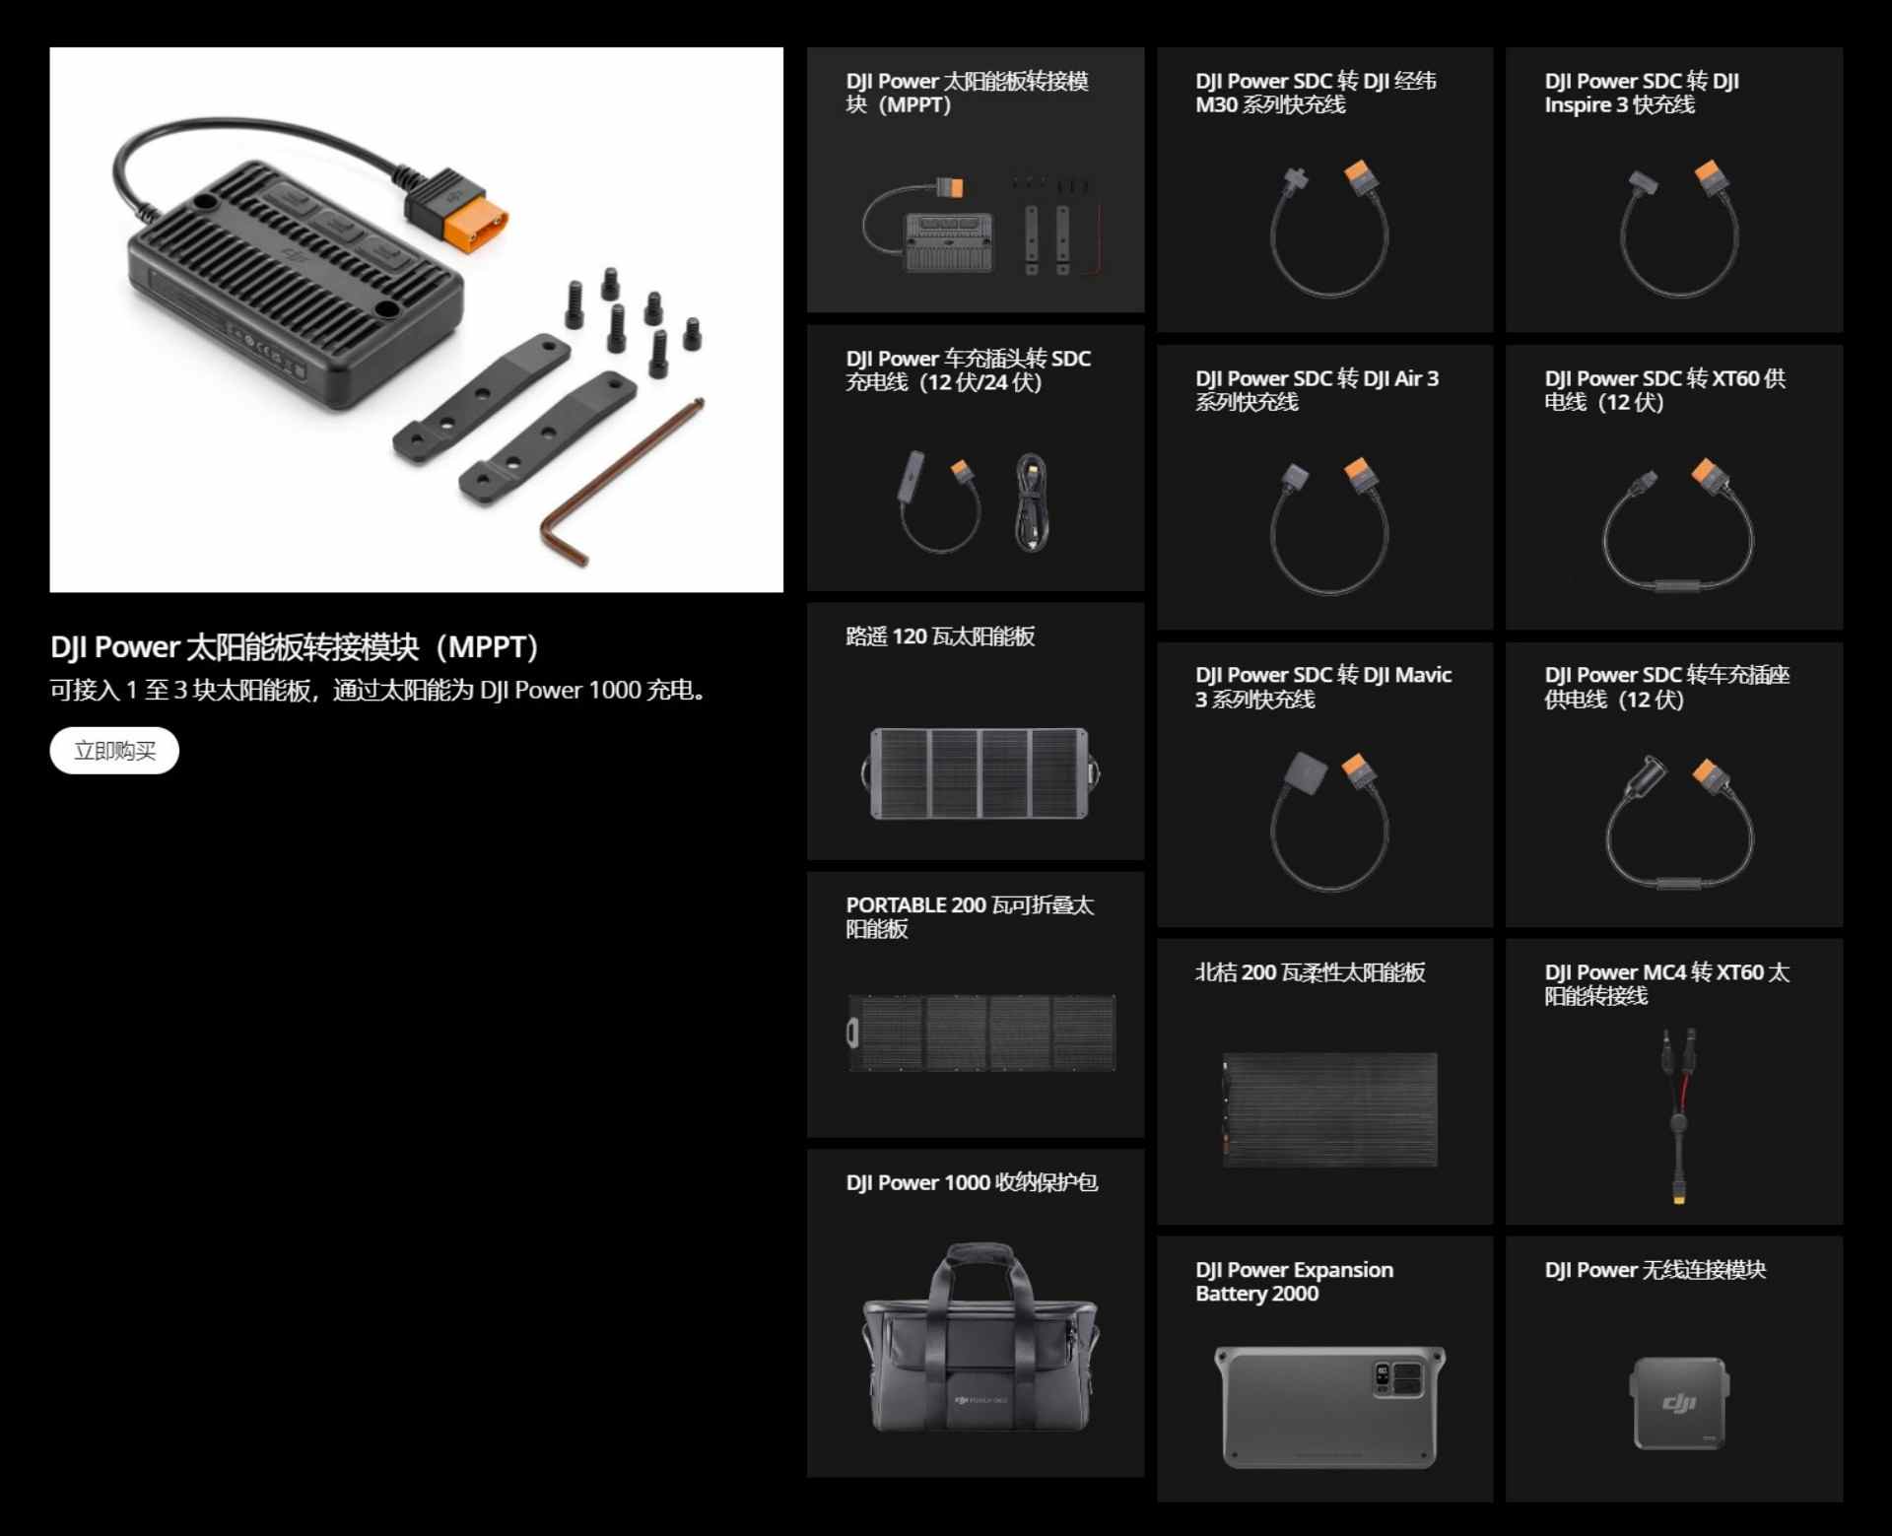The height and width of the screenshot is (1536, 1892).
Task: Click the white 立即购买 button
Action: (114, 751)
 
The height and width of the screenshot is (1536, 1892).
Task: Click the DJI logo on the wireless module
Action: (1679, 1403)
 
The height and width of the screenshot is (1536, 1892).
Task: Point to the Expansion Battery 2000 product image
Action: (1329, 1407)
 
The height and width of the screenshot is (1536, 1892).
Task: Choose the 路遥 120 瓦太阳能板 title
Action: (940, 636)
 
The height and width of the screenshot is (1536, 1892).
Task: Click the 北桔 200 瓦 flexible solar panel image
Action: (1329, 1110)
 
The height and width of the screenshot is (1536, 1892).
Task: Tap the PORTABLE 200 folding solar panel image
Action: (981, 1033)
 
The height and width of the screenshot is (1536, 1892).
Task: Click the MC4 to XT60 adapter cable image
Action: (1677, 1116)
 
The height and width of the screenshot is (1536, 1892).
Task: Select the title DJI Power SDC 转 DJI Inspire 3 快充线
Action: (1642, 93)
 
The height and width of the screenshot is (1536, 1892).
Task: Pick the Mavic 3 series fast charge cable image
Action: (1329, 821)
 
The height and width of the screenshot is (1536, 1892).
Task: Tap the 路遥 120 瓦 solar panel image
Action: (980, 773)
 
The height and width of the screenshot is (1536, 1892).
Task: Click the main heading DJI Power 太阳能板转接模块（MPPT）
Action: (295, 647)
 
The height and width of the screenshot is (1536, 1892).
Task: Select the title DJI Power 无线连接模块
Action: (1655, 1270)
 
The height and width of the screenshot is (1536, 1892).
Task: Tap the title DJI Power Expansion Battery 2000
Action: (1294, 1282)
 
